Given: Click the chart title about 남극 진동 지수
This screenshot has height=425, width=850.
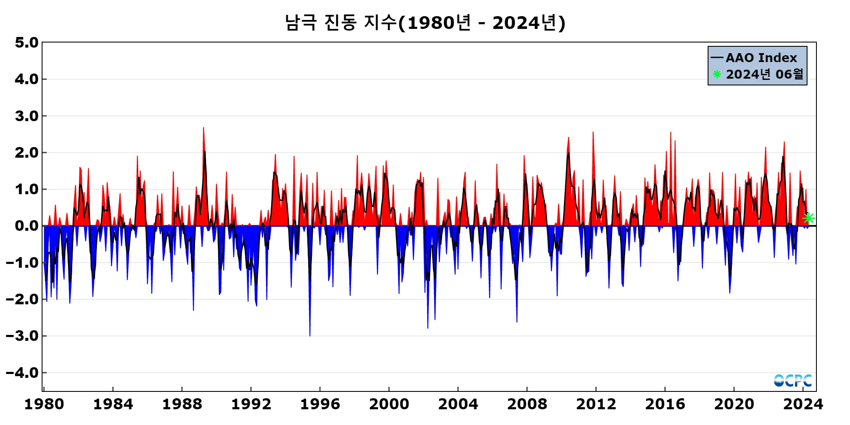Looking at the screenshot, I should click(425, 23).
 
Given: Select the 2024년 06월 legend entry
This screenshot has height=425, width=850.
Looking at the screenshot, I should click(764, 74).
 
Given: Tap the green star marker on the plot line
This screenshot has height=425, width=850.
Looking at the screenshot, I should click(808, 218).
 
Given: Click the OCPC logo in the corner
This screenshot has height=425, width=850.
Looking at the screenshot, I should click(793, 380).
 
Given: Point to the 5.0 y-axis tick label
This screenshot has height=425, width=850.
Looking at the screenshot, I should click(26, 42).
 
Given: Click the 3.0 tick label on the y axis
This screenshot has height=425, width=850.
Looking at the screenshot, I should click(26, 116).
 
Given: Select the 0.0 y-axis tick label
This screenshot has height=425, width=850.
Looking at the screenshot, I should click(26, 226).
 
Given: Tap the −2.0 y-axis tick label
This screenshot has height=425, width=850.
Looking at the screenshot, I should click(22, 299).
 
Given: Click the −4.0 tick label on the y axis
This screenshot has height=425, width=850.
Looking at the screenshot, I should click(22, 373).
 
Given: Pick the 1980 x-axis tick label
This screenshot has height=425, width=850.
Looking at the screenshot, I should click(44, 404).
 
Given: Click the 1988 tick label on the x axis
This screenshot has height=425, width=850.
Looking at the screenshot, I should click(182, 404).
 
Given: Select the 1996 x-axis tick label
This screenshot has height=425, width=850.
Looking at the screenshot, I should click(320, 404).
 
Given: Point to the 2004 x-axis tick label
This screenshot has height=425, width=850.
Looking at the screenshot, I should click(458, 404).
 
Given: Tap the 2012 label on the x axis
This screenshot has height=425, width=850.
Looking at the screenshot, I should click(596, 404).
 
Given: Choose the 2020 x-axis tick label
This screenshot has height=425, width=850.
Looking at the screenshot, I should click(734, 404).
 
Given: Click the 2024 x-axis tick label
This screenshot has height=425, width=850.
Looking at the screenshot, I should click(803, 404).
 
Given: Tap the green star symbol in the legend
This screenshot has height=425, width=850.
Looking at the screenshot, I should click(717, 74).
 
